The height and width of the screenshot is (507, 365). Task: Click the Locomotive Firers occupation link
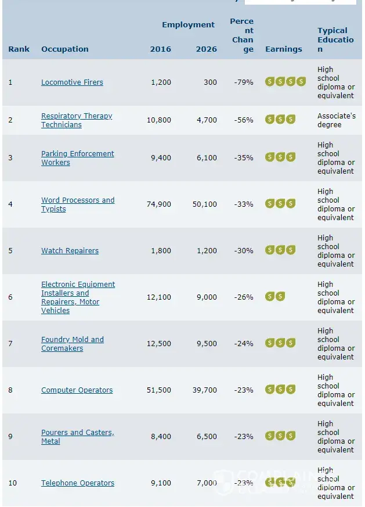[72, 82]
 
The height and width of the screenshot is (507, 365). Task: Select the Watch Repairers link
[70, 251]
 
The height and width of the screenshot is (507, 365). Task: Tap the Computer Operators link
[77, 390]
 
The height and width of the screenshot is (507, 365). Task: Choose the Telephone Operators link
[78, 483]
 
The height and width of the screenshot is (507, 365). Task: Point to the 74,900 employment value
[160, 204]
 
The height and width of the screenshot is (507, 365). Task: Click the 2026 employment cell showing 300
[210, 82]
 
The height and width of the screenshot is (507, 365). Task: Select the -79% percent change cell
[244, 82]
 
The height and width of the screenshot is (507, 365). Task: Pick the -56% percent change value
[244, 120]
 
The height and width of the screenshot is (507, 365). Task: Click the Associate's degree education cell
[337, 120]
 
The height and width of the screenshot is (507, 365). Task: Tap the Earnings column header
[283, 49]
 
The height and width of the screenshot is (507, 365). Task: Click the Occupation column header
[65, 49]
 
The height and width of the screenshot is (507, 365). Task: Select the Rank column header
[19, 49]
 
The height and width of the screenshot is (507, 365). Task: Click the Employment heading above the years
[188, 25]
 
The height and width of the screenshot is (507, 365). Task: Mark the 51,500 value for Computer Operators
[160, 390]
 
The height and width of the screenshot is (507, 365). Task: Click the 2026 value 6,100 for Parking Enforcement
[206, 158]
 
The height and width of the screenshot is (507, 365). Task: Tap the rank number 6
[10, 297]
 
